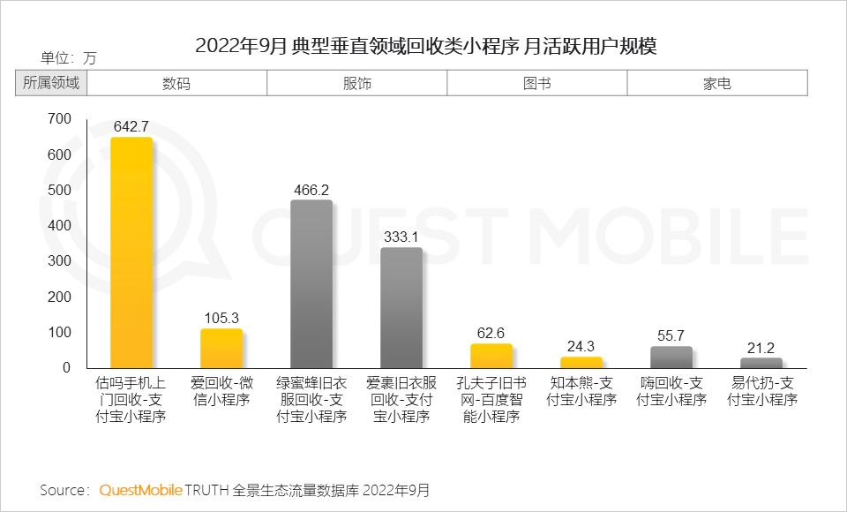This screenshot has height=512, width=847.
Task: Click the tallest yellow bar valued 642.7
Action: point(131,252)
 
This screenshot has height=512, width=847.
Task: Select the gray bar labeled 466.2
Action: point(311,283)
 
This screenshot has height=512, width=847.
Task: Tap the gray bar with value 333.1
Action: point(401,307)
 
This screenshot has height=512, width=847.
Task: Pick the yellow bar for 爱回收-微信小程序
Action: point(221,348)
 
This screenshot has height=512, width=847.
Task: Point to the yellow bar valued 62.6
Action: point(491,356)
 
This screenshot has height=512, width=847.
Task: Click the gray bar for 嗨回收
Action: point(671,357)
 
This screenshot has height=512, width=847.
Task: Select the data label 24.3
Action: point(581,346)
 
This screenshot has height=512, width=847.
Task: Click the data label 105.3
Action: point(221,318)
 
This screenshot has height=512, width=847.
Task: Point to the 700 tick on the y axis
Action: point(59,119)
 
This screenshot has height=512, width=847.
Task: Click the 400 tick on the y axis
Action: point(59,226)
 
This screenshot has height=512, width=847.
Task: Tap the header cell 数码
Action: point(176,84)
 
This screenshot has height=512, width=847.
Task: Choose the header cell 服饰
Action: point(356,84)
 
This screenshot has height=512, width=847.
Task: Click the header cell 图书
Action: point(536,84)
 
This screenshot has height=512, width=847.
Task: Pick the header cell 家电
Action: point(716,84)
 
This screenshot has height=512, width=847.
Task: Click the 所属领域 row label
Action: point(51,84)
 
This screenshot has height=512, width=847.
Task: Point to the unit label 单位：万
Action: point(69,58)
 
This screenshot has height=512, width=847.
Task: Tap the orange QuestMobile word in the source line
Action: point(140,490)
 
